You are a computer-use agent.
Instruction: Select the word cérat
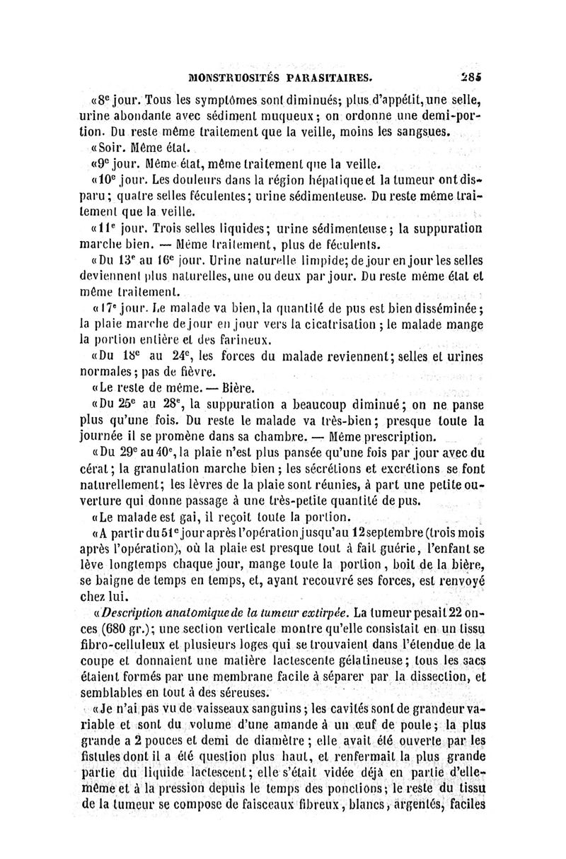pos(98,468)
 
